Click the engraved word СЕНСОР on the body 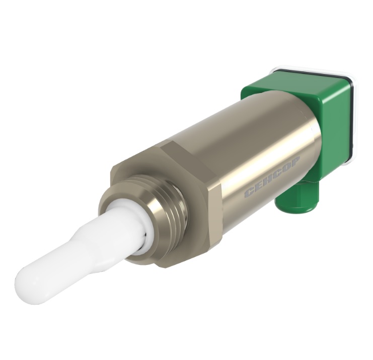point(272,176)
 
